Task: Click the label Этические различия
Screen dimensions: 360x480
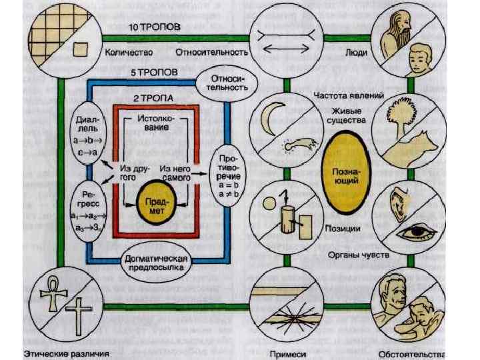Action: [x=67, y=351]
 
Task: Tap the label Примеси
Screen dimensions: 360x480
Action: [x=288, y=351]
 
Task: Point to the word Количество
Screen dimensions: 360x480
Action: [x=129, y=51]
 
